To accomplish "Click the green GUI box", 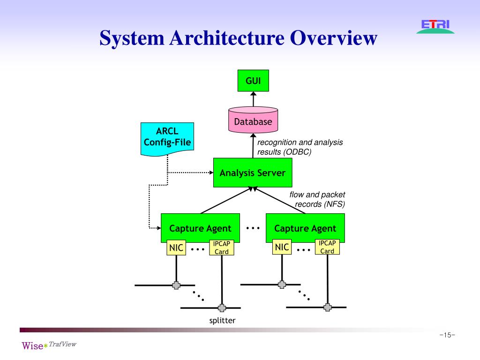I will (253, 80).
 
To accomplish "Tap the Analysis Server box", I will (253, 172).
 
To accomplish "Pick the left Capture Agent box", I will (200, 228).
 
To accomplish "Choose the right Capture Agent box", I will (305, 228).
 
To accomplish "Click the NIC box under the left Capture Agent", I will (176, 247).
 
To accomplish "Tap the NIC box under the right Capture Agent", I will (282, 247).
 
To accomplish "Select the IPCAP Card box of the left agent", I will (222, 247).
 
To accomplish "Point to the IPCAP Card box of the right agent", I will (327, 247).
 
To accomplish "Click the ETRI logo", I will (435, 25).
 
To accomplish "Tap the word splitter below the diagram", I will (222, 321).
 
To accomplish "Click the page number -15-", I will (447, 335).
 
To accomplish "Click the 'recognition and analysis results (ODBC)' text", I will (300, 147).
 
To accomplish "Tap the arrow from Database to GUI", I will (253, 98).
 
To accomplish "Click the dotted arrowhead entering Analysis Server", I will (210, 172).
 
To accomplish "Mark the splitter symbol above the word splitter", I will (222, 308).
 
